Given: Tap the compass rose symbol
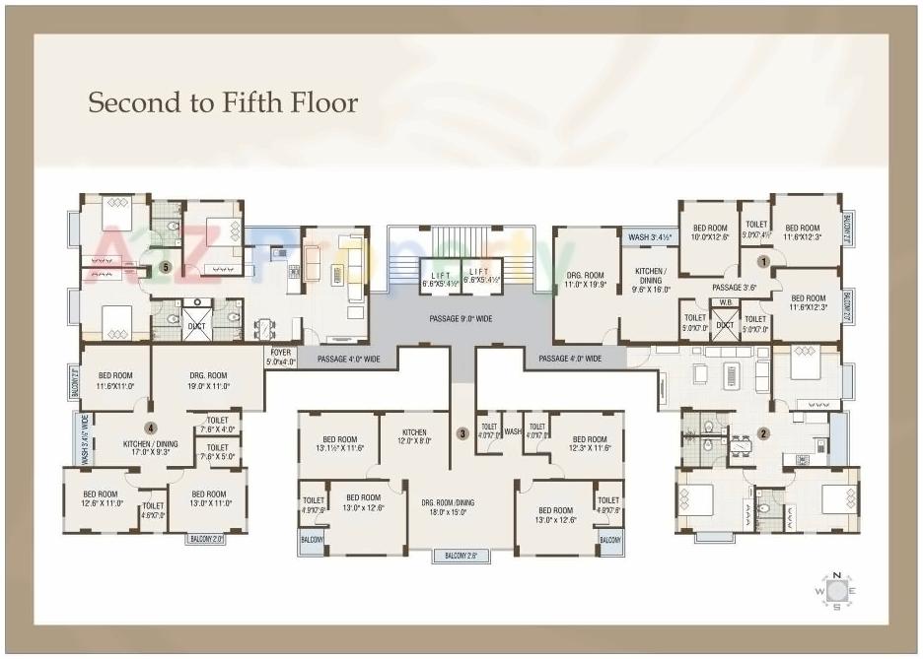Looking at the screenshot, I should pos(836,590).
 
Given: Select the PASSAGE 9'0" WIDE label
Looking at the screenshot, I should pos(461,319).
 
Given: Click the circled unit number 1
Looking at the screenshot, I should pos(763,260).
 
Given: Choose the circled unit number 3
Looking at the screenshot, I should pos(461,433).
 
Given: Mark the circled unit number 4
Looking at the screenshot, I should pos(151,428).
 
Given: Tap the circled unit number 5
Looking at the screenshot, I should pos(166,267).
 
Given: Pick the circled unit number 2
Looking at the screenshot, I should pos(763,433).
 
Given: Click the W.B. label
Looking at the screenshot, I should pos(726,302).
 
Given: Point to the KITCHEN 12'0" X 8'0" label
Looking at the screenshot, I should pos(414,437).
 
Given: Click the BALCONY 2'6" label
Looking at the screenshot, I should pos(461,557).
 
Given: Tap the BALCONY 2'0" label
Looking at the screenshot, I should pos(206,539).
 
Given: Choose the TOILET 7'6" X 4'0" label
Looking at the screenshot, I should pos(218,425).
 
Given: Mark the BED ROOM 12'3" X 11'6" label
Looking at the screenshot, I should pos(590,444).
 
